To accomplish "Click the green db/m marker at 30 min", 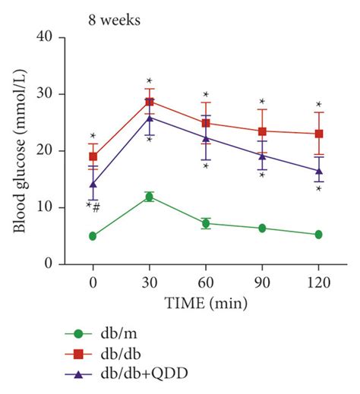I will coord(149,197).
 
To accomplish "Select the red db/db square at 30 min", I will coord(149,102).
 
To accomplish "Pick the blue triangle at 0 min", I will coord(93,184).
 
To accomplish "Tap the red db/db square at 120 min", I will coord(318,134).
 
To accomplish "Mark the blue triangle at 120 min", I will coord(318,171).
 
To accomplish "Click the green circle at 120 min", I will coord(318,235).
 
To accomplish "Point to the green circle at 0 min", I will coord(93,236).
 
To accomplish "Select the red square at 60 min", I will coord(205,123).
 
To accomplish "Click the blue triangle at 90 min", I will coord(262,156).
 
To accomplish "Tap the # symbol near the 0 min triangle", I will coord(96,206).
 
